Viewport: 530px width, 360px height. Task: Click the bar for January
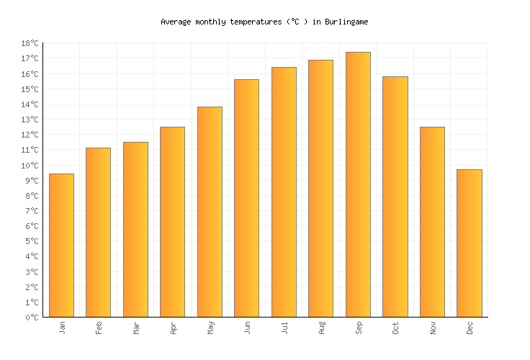[61, 245]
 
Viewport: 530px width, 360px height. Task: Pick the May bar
[210, 212]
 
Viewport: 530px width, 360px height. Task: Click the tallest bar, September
[358, 184]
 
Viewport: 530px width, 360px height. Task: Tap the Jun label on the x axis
[247, 328]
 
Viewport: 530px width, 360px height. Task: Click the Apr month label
[173, 328]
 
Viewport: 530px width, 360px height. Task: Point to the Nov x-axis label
[432, 328]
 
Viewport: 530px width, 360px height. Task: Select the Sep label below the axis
[358, 328]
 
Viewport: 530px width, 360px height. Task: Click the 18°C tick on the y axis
[30, 44]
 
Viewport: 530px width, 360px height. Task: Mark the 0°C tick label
[32, 318]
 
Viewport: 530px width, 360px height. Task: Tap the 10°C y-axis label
[30, 166]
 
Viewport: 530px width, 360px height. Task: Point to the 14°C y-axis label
[30, 104]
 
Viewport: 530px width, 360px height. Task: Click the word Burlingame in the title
[346, 22]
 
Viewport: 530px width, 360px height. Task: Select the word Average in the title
[176, 22]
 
